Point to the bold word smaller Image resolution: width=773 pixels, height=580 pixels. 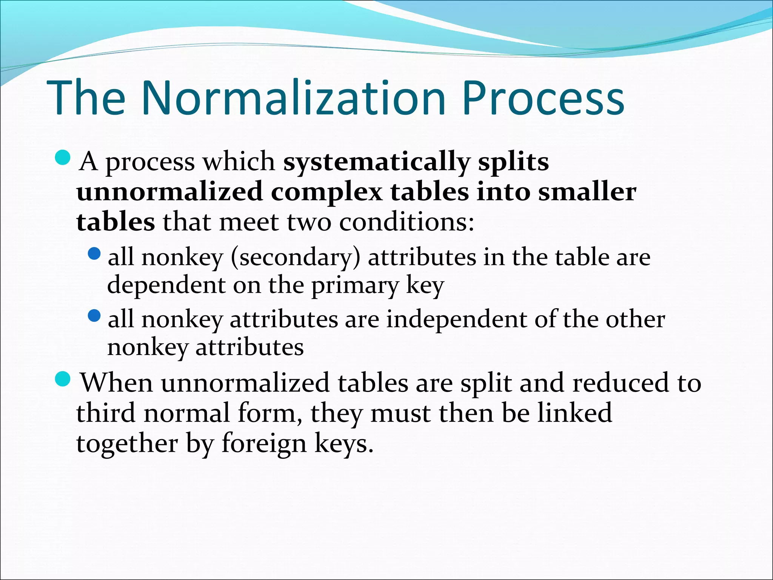tap(587, 192)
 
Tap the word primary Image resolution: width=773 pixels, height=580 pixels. tap(354, 286)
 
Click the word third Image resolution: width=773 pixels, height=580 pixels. tap(106, 413)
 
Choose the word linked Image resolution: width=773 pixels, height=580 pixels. tap(574, 413)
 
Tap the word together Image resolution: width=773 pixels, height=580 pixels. tap(127, 443)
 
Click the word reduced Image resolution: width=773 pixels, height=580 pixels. tap(621, 383)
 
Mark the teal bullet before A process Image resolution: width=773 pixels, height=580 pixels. tap(62, 157)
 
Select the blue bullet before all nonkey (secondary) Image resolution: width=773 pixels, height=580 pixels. tap(94, 253)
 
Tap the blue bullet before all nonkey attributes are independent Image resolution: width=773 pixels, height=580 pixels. tap(94, 315)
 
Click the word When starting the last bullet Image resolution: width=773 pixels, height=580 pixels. tap(117, 383)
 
